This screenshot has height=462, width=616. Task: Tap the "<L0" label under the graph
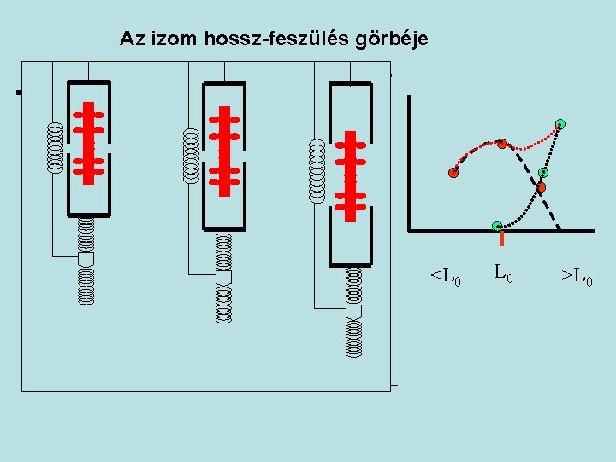(x=445, y=277)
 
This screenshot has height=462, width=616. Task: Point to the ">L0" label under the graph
(x=576, y=277)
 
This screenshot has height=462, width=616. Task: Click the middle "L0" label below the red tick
(x=503, y=275)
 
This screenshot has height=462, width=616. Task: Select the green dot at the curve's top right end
(x=560, y=124)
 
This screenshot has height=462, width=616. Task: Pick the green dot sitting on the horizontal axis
(x=497, y=226)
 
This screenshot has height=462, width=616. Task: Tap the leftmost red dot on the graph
(x=453, y=172)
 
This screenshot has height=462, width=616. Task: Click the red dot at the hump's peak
(x=502, y=143)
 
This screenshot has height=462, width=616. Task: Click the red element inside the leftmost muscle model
(x=88, y=143)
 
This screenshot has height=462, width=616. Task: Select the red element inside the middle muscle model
(x=225, y=151)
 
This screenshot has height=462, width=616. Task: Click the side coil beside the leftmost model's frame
(x=55, y=147)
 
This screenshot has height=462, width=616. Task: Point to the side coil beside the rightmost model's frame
(x=317, y=170)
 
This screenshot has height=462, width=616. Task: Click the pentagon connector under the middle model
(x=224, y=279)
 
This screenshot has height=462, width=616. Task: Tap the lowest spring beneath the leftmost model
(x=86, y=287)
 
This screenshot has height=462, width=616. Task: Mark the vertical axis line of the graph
(x=410, y=163)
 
